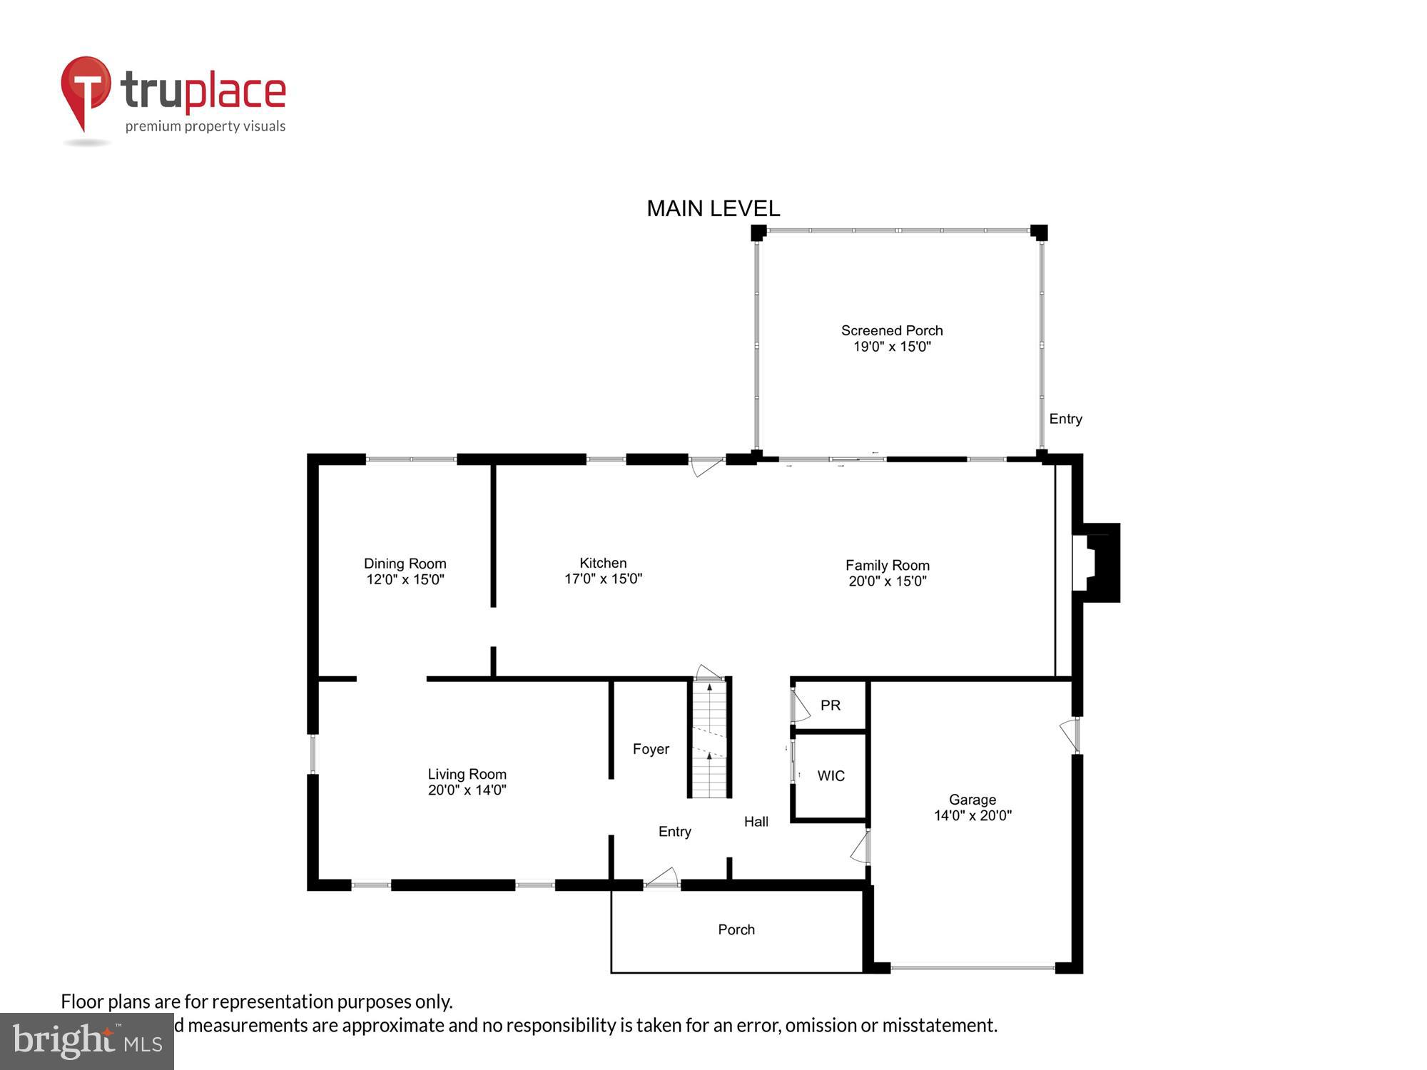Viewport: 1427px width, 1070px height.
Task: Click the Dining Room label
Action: [x=405, y=564]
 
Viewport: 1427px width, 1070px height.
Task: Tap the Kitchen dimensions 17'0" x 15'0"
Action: [x=603, y=579]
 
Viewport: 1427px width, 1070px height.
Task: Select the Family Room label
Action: [x=887, y=565]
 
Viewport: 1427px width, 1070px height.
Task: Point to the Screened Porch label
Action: [x=891, y=330]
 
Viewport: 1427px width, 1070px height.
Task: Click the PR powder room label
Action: [x=830, y=705]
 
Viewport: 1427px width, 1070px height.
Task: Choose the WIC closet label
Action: [x=831, y=775]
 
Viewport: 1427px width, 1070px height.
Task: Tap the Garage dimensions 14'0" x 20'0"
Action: [x=973, y=815]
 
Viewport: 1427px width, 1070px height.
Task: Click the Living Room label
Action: [x=467, y=774]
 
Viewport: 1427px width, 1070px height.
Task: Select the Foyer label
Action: [x=651, y=749]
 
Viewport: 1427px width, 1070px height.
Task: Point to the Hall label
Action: [x=756, y=822]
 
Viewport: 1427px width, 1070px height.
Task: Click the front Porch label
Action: [x=736, y=929]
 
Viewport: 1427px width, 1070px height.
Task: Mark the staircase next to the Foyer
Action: [x=709, y=738]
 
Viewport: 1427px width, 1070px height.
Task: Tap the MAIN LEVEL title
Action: [x=713, y=208]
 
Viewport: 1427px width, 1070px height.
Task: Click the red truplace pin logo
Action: [x=86, y=89]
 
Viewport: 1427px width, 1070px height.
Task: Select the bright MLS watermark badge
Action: [x=86, y=1041]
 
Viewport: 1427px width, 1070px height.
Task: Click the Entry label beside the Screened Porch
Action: [x=1065, y=419]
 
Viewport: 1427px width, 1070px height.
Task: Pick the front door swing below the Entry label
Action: [x=663, y=877]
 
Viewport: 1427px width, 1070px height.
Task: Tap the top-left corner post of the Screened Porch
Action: [x=758, y=232]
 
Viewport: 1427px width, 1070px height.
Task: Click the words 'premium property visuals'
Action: [x=205, y=126]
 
